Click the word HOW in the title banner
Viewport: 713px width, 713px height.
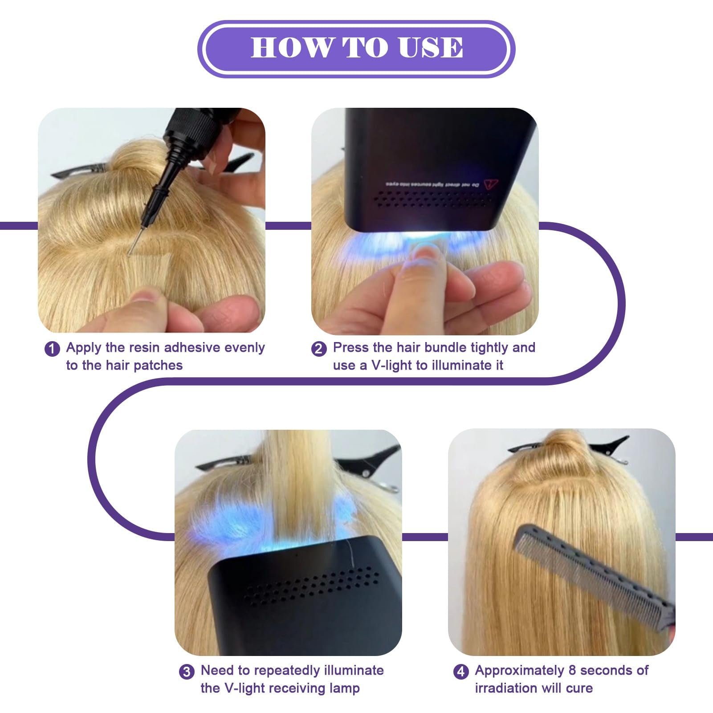tap(291, 47)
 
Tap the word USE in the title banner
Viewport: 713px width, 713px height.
tap(431, 47)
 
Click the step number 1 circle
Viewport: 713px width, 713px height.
tap(52, 349)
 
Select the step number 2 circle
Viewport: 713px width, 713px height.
tap(318, 349)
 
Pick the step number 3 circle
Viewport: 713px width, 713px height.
tap(187, 671)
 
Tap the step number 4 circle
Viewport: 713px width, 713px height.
tap(461, 671)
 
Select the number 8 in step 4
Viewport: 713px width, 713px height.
tap(572, 670)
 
